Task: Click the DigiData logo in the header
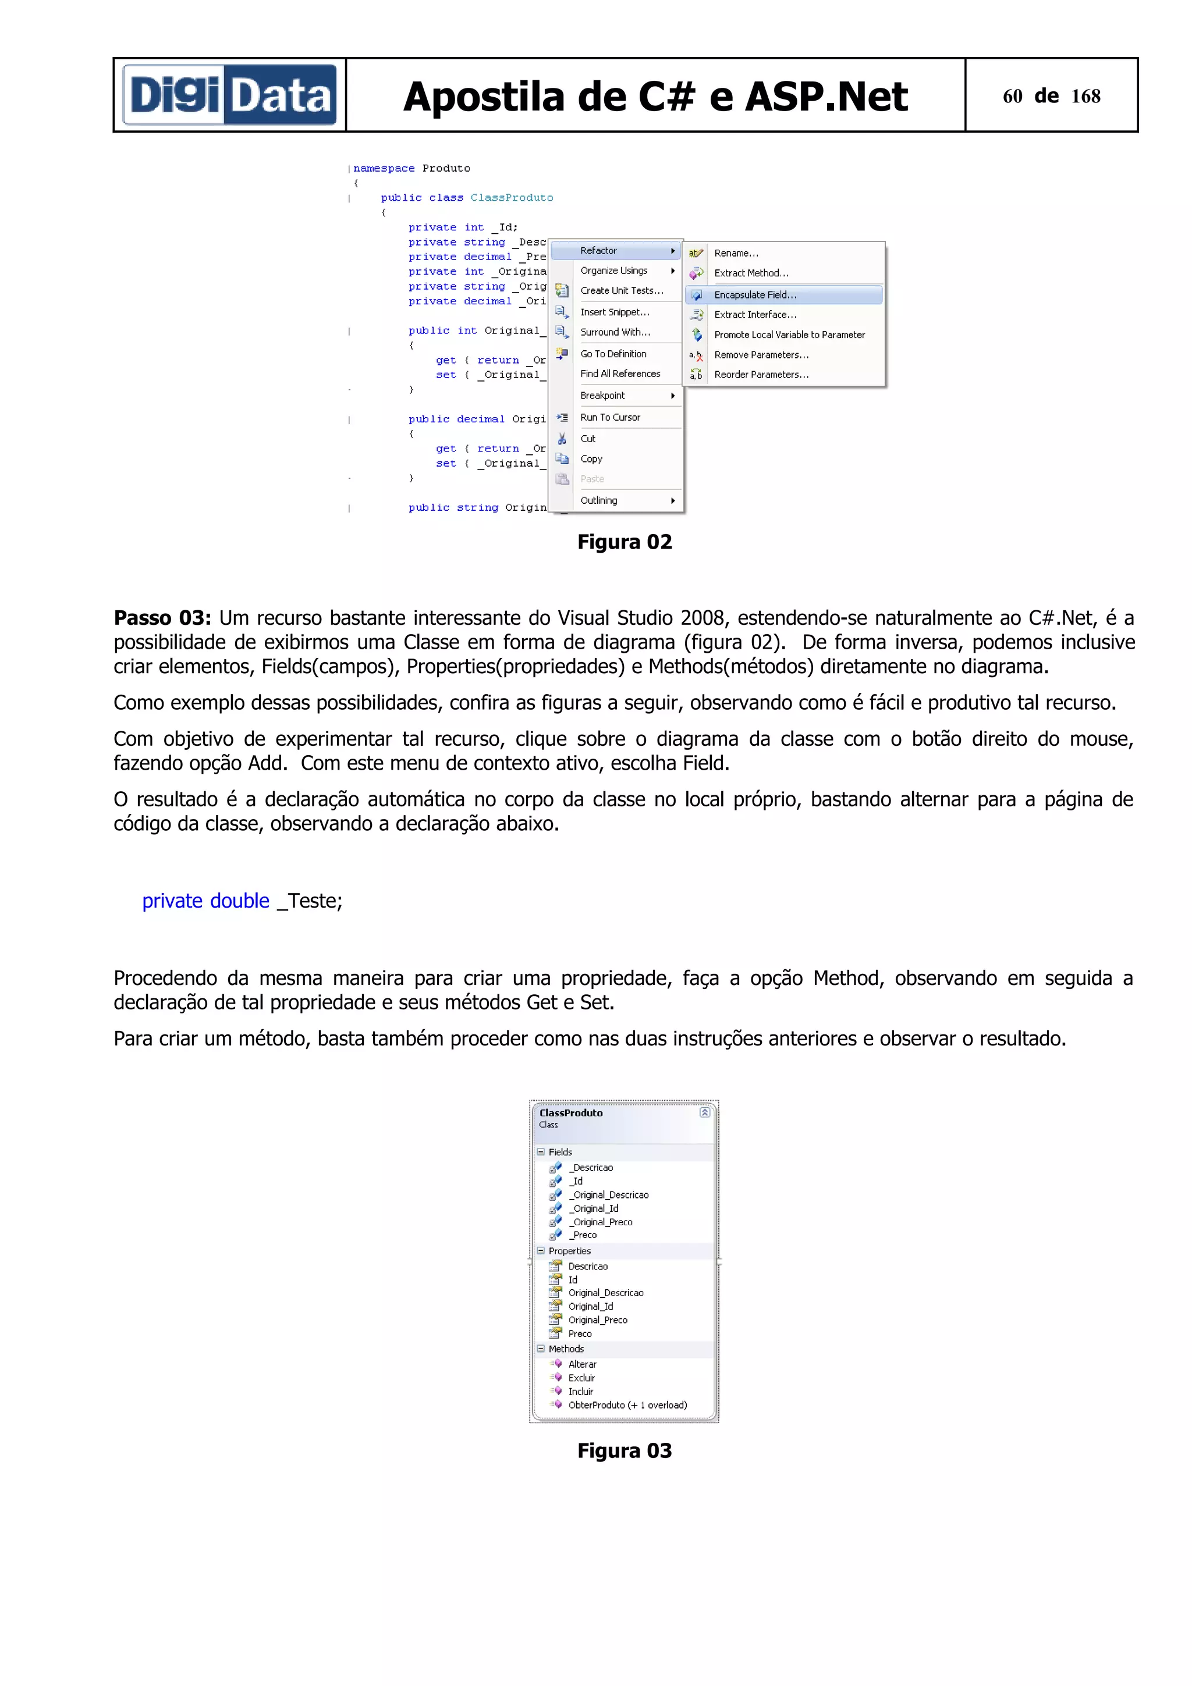pyautogui.click(x=229, y=95)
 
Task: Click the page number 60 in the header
pyautogui.click(x=1012, y=96)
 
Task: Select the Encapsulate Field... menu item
pyautogui.click(x=755, y=294)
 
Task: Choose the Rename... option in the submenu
pyautogui.click(x=736, y=252)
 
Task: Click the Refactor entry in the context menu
pyautogui.click(x=598, y=250)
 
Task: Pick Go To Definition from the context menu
pyautogui.click(x=613, y=353)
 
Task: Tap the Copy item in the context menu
pyautogui.click(x=591, y=458)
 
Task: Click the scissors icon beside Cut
pyautogui.click(x=562, y=439)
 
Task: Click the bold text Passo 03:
pyautogui.click(x=162, y=618)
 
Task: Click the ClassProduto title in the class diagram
pyautogui.click(x=570, y=1112)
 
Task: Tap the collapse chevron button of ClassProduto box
pyautogui.click(x=704, y=1112)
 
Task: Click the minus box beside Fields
pyautogui.click(x=541, y=1151)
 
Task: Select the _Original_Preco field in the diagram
pyautogui.click(x=600, y=1221)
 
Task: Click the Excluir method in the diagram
pyautogui.click(x=581, y=1378)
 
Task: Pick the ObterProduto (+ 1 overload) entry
pyautogui.click(x=627, y=1405)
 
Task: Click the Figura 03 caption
pyautogui.click(x=625, y=1450)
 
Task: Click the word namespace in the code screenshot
pyautogui.click(x=384, y=168)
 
